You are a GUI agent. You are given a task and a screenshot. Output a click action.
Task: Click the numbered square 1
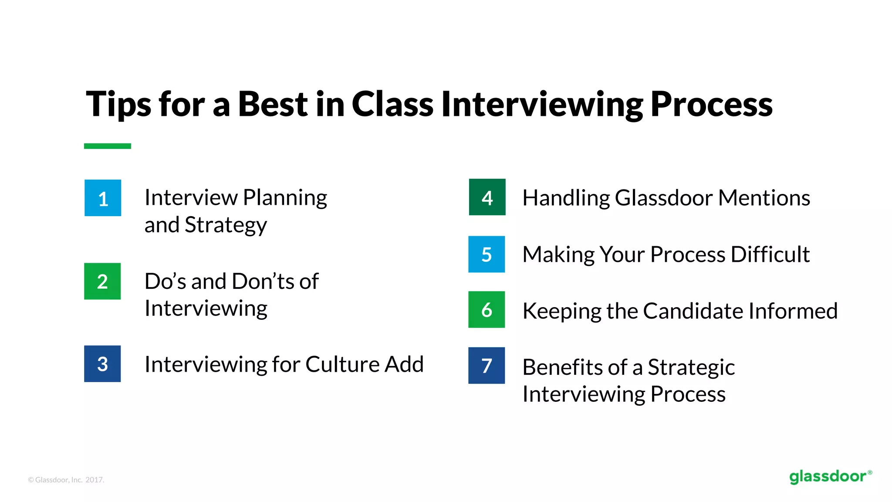[103, 198]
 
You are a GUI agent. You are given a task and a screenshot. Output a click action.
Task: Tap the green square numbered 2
[102, 281]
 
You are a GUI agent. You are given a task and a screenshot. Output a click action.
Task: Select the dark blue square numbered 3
[102, 364]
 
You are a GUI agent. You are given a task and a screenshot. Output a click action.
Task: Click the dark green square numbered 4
[487, 197]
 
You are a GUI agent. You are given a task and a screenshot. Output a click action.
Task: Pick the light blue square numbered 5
[487, 254]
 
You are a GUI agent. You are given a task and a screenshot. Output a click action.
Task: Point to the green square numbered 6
[487, 309]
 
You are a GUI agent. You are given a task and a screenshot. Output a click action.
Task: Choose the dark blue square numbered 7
[487, 365]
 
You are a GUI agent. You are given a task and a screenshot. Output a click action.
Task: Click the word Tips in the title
[118, 105]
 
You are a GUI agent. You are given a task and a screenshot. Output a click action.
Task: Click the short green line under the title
[108, 146]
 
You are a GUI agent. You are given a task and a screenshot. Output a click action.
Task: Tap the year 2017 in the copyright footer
[95, 480]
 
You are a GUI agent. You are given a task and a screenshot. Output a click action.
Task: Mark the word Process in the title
[711, 105]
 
